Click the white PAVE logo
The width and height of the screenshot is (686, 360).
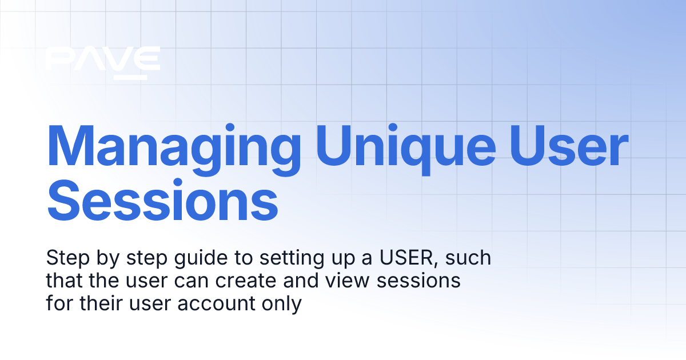102,58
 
